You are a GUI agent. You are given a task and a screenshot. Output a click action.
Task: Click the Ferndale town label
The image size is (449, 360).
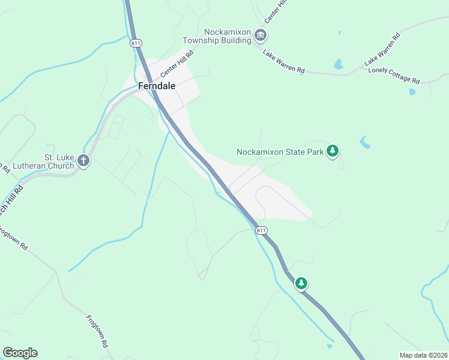pyautogui.click(x=157, y=86)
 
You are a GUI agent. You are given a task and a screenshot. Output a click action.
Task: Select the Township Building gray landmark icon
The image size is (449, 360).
pyautogui.click(x=261, y=35)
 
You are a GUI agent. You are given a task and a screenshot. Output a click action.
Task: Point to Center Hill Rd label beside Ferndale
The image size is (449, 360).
pyautogui.click(x=177, y=64)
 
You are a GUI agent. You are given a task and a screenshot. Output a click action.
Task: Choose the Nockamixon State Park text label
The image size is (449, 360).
pyautogui.click(x=280, y=152)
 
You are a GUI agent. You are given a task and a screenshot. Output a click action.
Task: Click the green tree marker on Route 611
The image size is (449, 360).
pyautogui.click(x=301, y=283)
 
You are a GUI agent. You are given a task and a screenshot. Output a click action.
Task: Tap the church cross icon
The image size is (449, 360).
pyautogui.click(x=83, y=161)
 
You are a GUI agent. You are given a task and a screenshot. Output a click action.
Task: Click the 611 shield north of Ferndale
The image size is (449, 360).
pyautogui.click(x=136, y=43)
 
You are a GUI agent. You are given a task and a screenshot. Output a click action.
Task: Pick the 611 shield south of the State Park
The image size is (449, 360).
pyautogui.click(x=261, y=230)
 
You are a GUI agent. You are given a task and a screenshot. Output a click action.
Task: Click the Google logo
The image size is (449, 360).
pyautogui.click(x=20, y=353)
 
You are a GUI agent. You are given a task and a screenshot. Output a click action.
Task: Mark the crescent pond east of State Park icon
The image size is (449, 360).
pyautogui.click(x=365, y=142)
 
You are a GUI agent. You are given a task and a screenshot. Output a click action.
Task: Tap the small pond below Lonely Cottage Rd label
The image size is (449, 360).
pyautogui.click(x=412, y=92)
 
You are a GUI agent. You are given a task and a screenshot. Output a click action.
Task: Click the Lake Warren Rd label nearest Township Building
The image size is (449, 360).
pyautogui.click(x=283, y=61)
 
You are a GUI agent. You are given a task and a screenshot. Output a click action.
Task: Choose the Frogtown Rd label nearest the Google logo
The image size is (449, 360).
pyautogui.click(x=97, y=332)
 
